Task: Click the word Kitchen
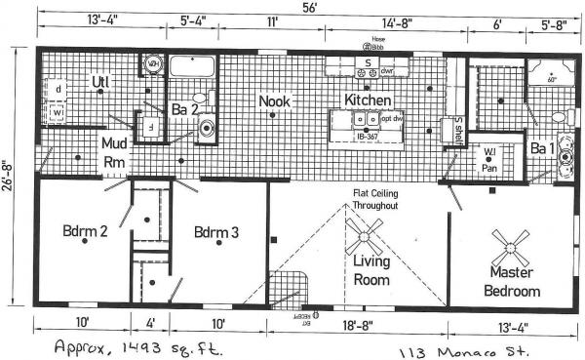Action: (368, 100)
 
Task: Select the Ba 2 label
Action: (183, 109)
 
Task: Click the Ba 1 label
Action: (541, 149)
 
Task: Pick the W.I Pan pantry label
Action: (490, 161)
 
